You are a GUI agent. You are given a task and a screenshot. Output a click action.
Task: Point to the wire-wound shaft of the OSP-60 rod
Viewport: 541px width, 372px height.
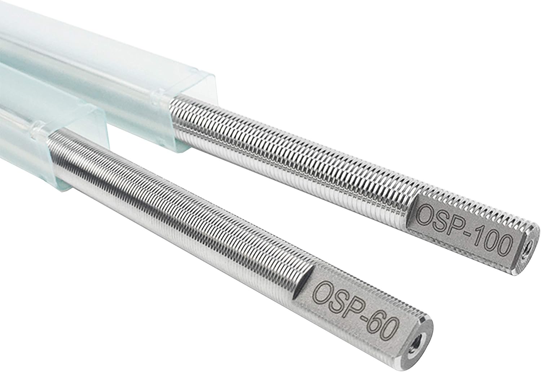[x=180, y=216]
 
